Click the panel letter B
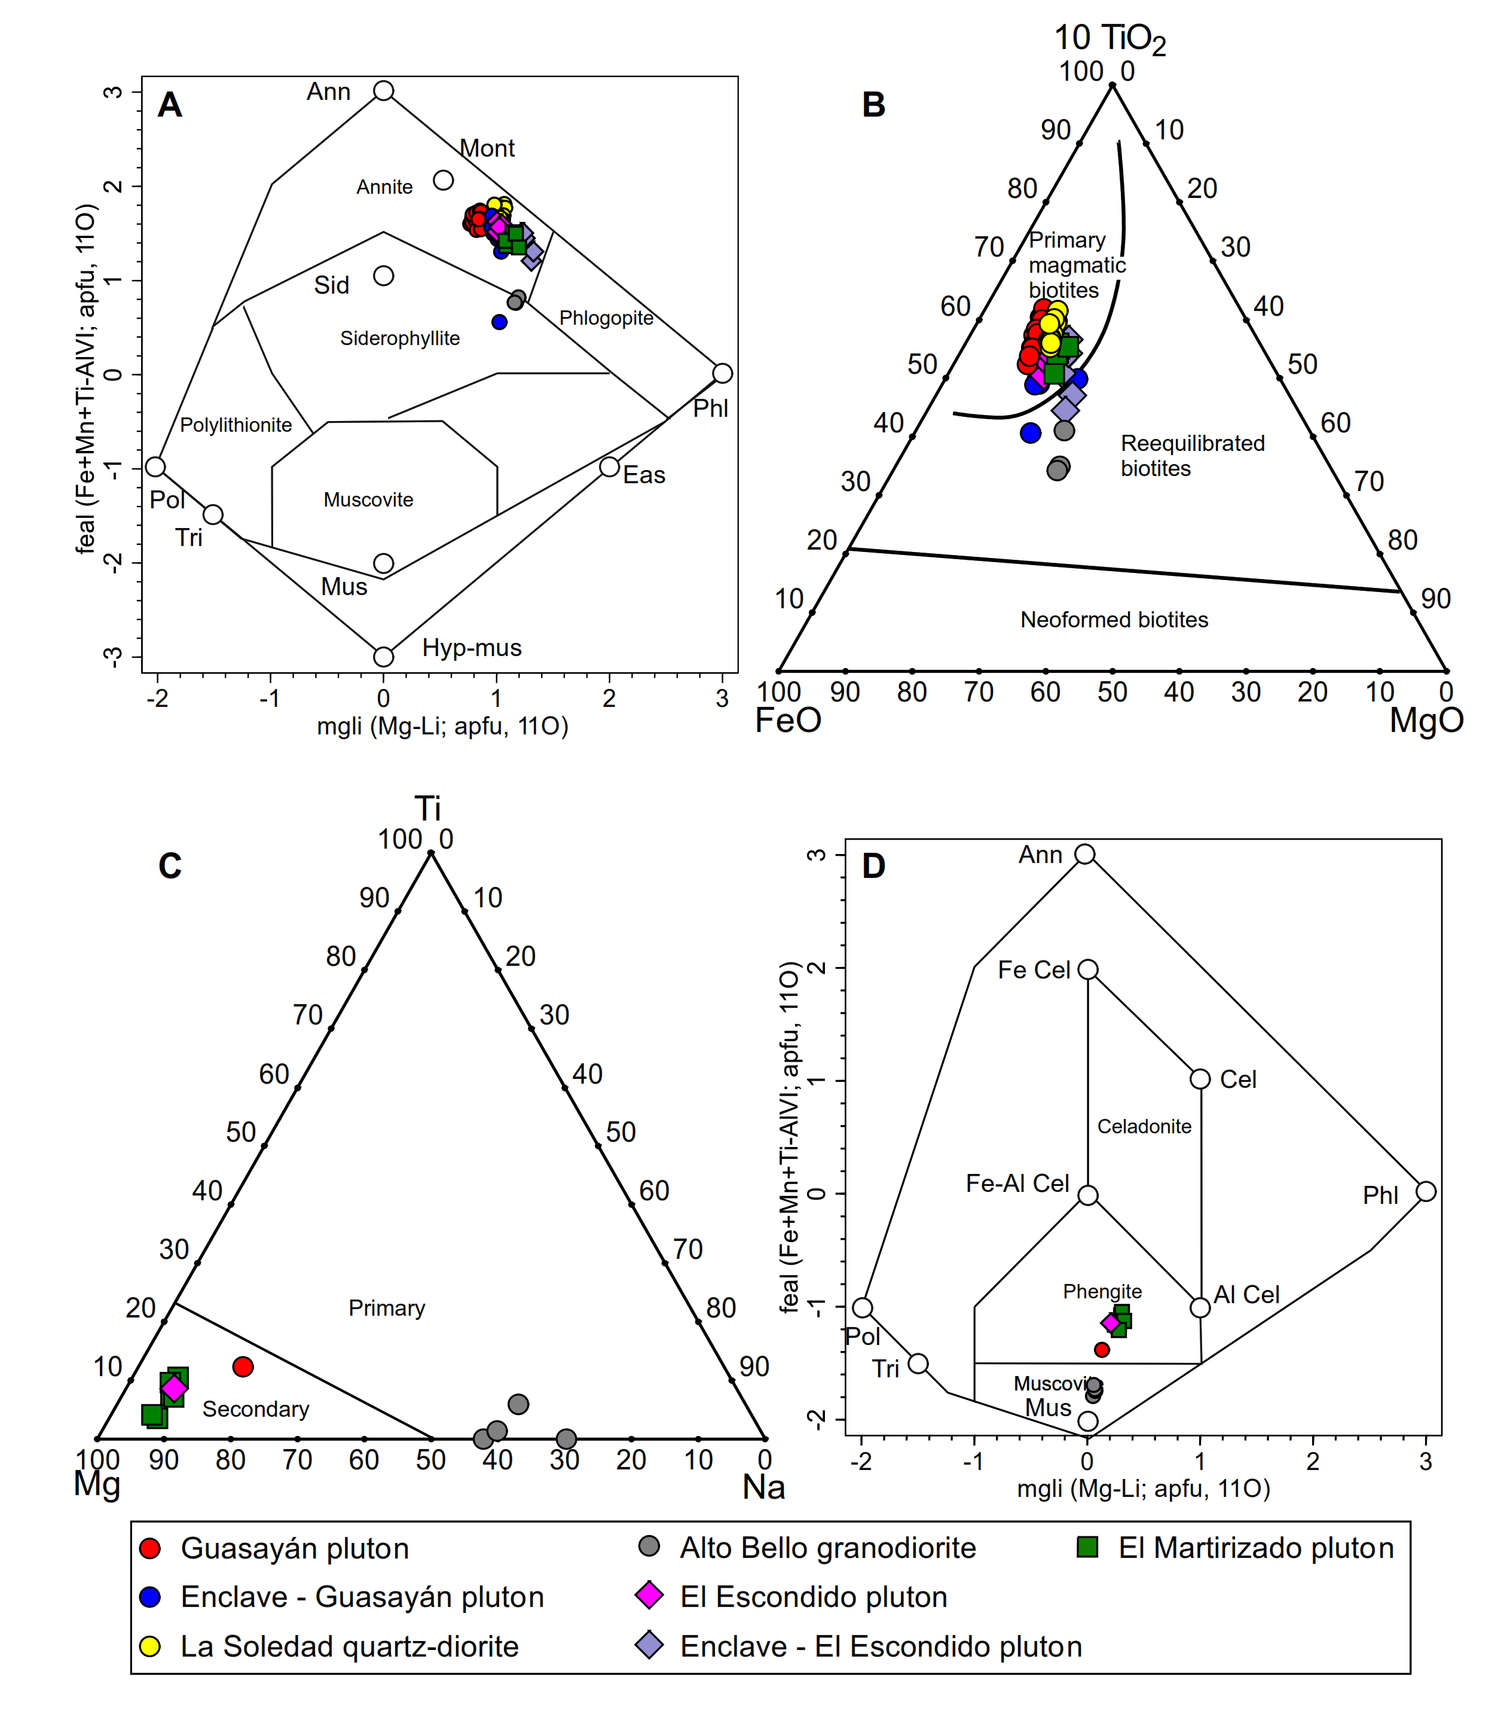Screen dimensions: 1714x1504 click(x=873, y=105)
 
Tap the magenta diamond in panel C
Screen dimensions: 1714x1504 click(x=173, y=1389)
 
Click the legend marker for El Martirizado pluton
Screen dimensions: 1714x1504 click(x=1087, y=1548)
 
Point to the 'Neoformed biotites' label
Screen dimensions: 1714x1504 click(x=1114, y=620)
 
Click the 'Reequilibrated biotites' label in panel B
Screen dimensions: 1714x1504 click(x=1192, y=455)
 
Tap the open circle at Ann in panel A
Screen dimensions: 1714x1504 click(x=383, y=90)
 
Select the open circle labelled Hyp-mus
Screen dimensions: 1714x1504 click(x=383, y=657)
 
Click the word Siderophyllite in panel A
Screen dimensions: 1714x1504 click(x=400, y=338)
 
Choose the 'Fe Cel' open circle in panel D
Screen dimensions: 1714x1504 click(x=1087, y=970)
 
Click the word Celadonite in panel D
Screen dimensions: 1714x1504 click(x=1144, y=1126)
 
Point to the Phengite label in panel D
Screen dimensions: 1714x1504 click(x=1102, y=1291)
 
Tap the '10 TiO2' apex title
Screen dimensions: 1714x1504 click(x=1109, y=38)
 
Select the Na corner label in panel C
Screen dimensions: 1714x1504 click(x=764, y=1487)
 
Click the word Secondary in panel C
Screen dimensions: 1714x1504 click(x=256, y=1410)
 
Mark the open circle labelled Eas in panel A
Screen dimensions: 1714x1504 click(x=610, y=467)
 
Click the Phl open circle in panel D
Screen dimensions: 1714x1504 click(x=1426, y=1191)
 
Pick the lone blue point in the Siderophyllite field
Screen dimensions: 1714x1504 click(x=500, y=322)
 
